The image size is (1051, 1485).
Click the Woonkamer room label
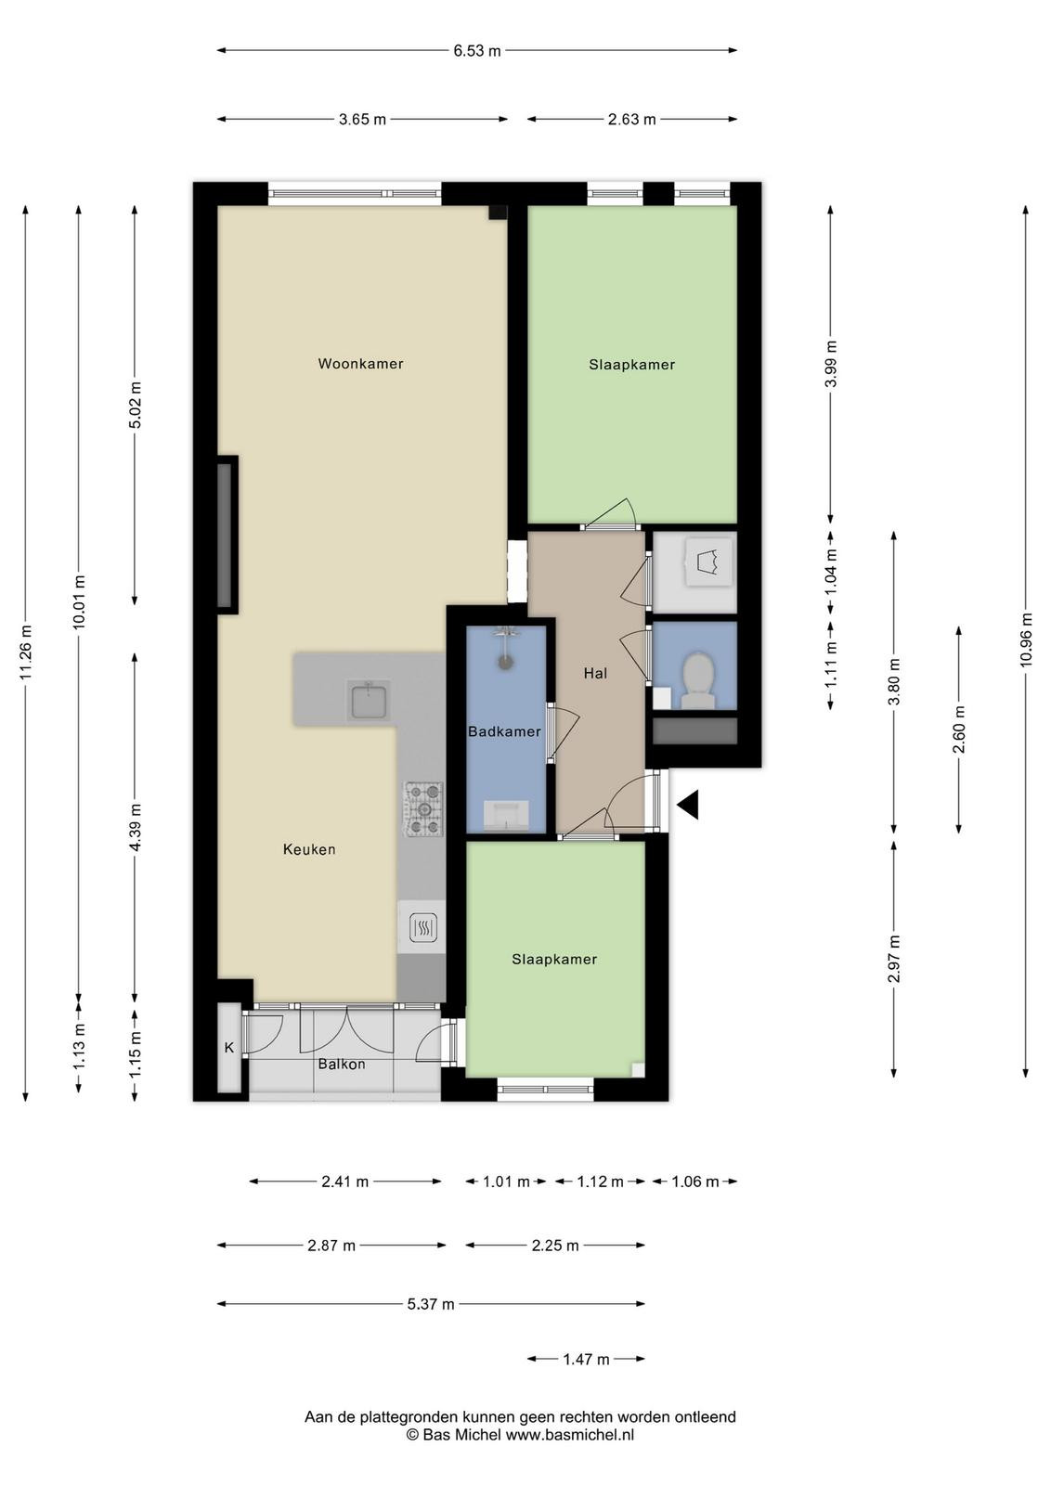point(361,363)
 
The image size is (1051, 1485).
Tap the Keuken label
point(309,849)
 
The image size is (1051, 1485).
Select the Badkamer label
point(505,732)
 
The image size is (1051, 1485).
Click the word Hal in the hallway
point(595,674)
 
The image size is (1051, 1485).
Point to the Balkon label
point(342,1065)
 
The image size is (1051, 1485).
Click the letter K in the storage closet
point(229,1048)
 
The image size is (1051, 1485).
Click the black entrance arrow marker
point(688,806)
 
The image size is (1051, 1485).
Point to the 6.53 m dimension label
point(477,51)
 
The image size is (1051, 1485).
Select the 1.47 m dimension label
point(586,1360)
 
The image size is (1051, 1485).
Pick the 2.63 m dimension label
point(632,120)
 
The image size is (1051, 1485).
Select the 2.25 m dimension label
point(555,1246)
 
